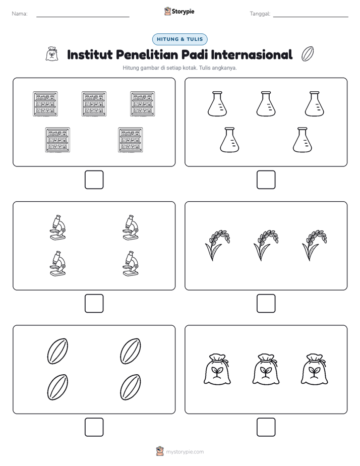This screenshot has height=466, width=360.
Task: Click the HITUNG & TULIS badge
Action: [179, 39]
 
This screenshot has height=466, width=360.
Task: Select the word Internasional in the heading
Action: [252, 54]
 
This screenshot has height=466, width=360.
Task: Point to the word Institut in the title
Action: [90, 54]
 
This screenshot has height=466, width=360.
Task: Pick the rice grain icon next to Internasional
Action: [308, 54]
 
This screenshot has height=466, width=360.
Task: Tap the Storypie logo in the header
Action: [179, 11]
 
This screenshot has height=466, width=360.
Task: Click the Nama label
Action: [20, 14]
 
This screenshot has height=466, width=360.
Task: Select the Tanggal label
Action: [260, 14]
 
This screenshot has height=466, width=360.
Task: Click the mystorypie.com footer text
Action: [185, 452]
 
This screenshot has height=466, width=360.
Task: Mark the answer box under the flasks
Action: [266, 180]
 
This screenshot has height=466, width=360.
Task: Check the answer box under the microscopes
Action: [94, 304]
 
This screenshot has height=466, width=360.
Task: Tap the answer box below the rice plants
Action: [266, 304]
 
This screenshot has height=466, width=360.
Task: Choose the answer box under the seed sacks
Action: [266, 427]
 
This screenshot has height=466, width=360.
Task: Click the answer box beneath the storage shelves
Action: [94, 180]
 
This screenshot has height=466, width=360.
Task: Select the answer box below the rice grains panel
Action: [94, 427]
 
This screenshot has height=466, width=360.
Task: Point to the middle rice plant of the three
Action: [265, 245]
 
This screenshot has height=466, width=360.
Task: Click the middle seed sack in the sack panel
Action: [266, 369]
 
